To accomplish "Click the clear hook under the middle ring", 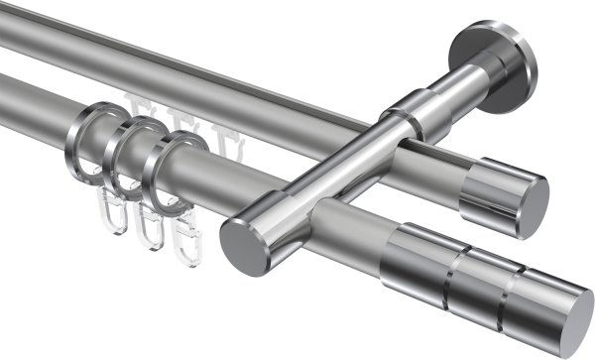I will pos(149,224).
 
